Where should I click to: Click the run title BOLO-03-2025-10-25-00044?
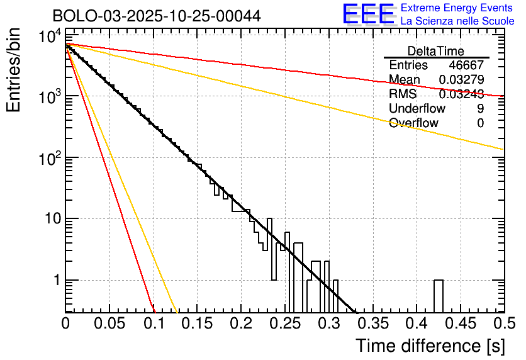click(157, 16)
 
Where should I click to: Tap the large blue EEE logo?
click(368, 14)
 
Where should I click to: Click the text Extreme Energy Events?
click(457, 8)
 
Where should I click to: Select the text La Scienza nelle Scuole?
click(457, 21)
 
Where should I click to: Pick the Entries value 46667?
click(466, 65)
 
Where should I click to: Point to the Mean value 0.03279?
click(461, 80)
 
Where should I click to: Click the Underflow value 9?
click(480, 109)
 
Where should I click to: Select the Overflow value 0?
click(480, 123)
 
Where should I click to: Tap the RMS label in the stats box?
click(402, 94)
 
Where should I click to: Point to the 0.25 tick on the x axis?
click(285, 323)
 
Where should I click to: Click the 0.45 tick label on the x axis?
click(460, 323)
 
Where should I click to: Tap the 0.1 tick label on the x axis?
click(154, 323)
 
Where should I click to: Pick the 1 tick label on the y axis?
click(55, 280)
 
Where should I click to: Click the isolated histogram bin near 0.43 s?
click(439, 296)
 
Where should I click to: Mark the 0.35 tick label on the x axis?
click(372, 323)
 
